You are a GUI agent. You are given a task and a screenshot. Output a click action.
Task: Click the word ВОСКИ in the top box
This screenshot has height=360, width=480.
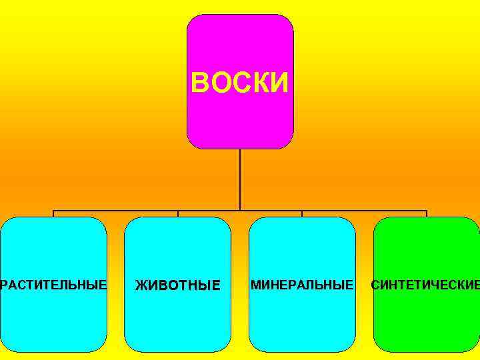pos(240,84)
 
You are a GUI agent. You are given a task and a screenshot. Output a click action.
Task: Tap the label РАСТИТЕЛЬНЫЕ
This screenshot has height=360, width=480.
pos(53,285)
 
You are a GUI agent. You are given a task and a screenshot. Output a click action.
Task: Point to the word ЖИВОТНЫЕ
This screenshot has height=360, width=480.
pos(177,286)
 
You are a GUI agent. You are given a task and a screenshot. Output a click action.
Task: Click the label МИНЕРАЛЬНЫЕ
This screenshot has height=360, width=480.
pos(302,285)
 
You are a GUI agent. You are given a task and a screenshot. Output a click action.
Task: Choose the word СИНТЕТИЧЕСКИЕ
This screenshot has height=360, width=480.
pos(425,285)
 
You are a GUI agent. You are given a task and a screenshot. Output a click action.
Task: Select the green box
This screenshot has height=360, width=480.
pos(427,320)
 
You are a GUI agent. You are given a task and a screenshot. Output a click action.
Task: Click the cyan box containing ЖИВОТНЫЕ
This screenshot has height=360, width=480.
pos(177,320)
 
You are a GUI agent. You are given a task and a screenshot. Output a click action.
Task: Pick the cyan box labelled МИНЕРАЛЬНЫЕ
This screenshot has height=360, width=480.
pos(302,320)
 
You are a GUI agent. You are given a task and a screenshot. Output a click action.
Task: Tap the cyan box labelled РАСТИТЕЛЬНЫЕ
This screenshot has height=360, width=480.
pos(53,320)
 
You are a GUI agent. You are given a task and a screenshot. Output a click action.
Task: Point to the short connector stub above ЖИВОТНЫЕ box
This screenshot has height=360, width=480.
pos(178,214)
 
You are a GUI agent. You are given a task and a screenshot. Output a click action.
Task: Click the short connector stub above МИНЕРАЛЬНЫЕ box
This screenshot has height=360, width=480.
pos(302,214)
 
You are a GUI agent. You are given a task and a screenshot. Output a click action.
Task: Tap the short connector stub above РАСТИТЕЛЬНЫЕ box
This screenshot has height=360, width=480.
pos(53,214)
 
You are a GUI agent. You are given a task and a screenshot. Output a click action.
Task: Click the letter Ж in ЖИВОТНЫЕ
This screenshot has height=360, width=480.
pos(141,286)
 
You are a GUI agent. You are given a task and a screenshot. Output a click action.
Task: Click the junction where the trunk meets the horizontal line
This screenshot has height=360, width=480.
pos(240,211)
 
